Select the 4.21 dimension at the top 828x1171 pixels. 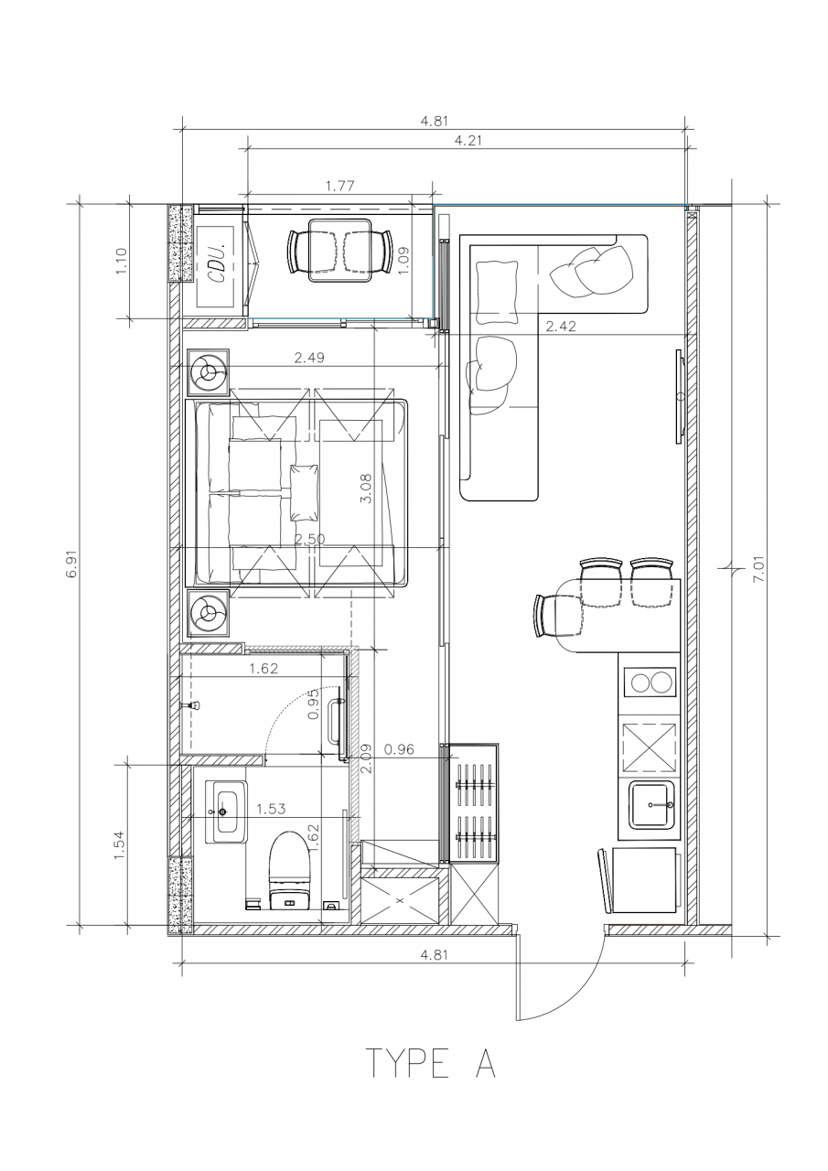[468, 140]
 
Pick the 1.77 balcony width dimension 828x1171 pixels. [339, 186]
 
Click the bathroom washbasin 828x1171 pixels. [226, 811]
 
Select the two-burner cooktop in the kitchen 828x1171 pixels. [651, 682]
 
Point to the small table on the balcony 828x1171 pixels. [339, 251]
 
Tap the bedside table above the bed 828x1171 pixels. [208, 371]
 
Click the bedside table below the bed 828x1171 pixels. [208, 612]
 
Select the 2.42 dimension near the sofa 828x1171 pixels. [560, 327]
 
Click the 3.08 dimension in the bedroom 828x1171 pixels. [366, 488]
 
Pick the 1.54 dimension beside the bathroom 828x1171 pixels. [120, 844]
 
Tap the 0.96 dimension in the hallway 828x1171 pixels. [399, 749]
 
